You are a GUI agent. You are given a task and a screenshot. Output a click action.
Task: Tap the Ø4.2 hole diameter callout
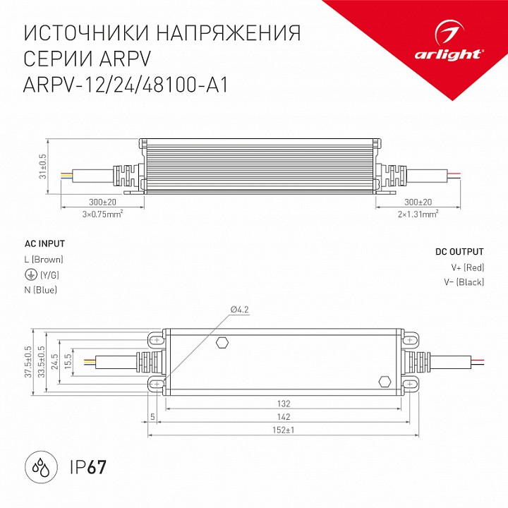240,310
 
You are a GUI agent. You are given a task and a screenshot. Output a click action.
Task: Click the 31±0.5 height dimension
42,167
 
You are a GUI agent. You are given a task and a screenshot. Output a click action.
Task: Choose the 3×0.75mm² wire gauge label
103,212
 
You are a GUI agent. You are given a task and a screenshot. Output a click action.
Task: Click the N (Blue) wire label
41,289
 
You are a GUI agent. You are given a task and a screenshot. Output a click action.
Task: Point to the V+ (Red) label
467,267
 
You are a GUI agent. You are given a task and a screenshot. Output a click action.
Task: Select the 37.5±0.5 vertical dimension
29,361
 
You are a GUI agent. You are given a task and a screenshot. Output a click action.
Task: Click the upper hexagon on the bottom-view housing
222,343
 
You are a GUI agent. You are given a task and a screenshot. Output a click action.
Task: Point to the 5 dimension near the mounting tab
152,416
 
